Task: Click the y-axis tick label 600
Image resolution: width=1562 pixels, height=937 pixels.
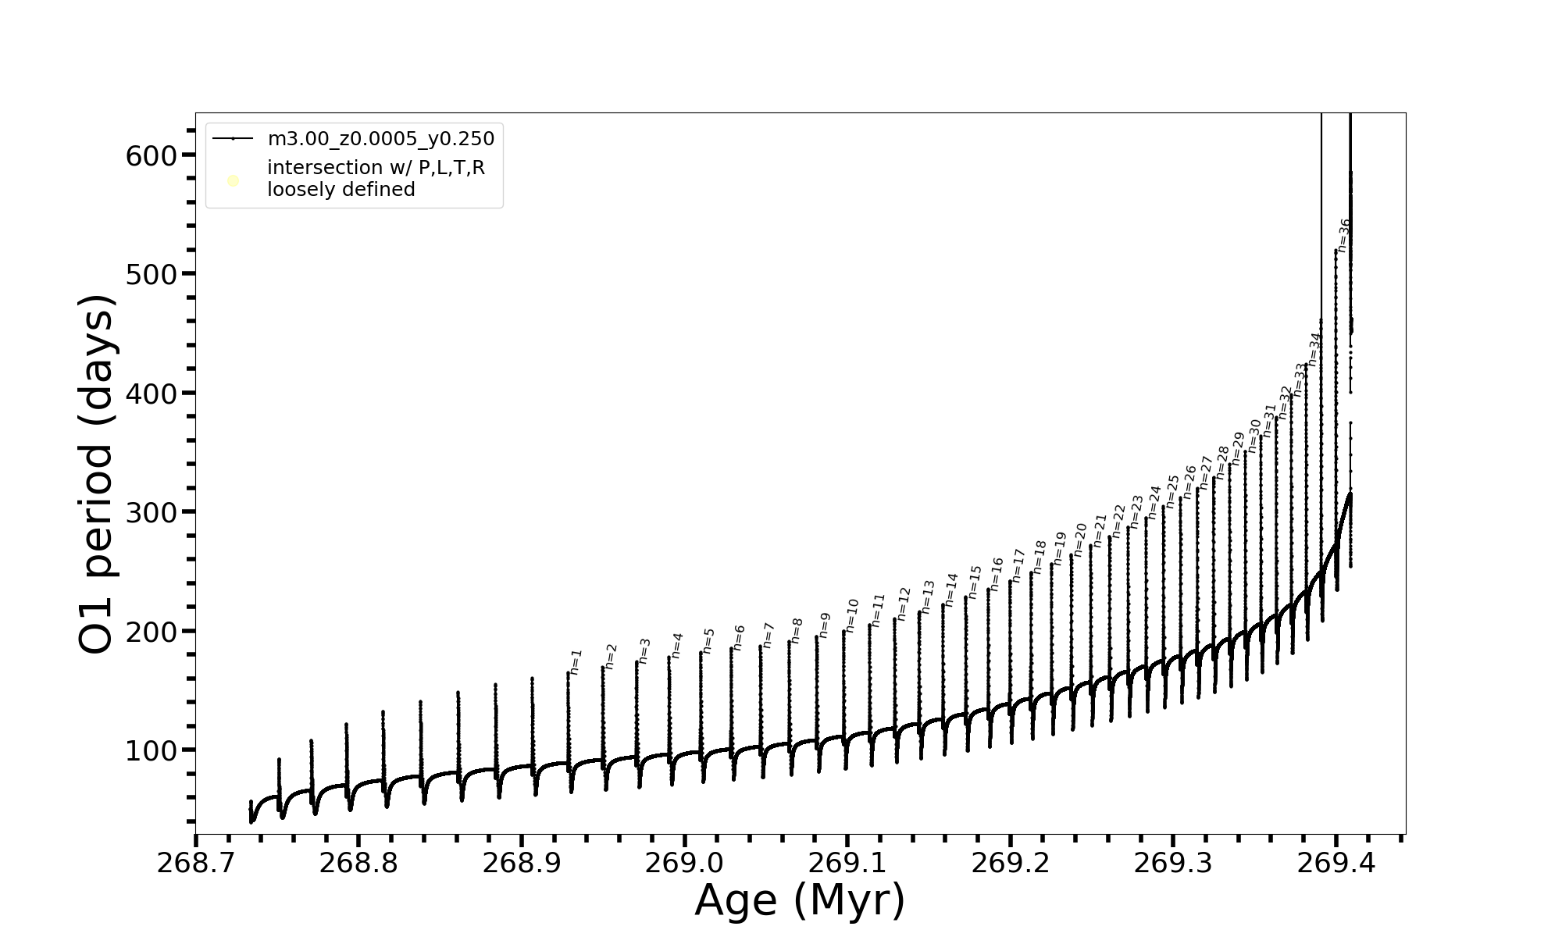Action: pyautogui.click(x=152, y=156)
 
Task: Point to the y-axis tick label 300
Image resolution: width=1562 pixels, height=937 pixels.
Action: pyautogui.click(x=152, y=513)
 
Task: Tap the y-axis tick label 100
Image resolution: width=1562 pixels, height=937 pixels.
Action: pyautogui.click(x=152, y=751)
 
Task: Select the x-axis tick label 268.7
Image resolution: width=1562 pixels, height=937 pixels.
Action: pyautogui.click(x=195, y=863)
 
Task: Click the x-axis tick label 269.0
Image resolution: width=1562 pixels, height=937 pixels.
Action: pyautogui.click(x=684, y=863)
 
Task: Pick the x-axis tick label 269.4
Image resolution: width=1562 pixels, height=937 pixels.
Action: pyautogui.click(x=1336, y=863)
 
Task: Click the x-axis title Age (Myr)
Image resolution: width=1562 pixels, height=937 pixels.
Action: pyautogui.click(x=800, y=900)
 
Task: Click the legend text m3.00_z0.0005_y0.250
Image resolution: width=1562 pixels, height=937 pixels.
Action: pyautogui.click(x=380, y=139)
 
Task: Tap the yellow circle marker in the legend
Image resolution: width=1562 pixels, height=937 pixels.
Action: pyautogui.click(x=233, y=181)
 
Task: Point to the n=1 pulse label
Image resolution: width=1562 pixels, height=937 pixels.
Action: pyautogui.click(x=576, y=661)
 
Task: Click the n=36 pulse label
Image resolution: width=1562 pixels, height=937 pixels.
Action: pyautogui.click(x=1343, y=234)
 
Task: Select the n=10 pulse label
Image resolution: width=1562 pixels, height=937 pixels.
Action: pyautogui.click(x=851, y=615)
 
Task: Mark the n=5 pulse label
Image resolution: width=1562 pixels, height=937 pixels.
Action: pyautogui.click(x=708, y=640)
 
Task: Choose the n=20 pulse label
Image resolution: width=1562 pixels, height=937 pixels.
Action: pyautogui.click(x=1080, y=539)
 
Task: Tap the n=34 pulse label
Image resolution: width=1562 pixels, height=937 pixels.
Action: pyautogui.click(x=1314, y=349)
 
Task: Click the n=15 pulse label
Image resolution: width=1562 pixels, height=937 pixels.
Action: pyautogui.click(x=974, y=582)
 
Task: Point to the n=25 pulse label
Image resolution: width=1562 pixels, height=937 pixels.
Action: pyautogui.click(x=1172, y=491)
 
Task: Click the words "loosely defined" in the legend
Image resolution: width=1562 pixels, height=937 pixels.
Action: pyautogui.click(x=341, y=190)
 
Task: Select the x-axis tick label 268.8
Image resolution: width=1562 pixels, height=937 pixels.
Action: pyautogui.click(x=358, y=863)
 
